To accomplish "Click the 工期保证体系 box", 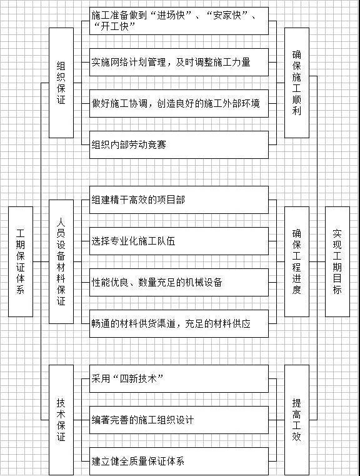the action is tap(21, 261).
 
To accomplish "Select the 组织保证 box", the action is tap(61, 83).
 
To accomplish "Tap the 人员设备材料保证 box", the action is tap(61, 261).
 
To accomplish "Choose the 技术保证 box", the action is tap(61, 420).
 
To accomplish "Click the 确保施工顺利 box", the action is tap(297, 83).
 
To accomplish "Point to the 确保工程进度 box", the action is tap(297, 261).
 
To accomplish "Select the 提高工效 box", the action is tap(297, 420).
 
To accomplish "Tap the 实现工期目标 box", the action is tap(337, 261).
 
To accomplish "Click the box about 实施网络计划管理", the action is tap(179, 62).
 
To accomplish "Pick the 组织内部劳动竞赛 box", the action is tap(179, 145).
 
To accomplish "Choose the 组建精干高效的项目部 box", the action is tap(179, 200).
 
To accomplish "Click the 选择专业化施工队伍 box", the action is tap(179, 241).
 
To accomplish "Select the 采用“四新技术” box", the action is tap(179, 378).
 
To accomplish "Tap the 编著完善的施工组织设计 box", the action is tap(179, 420).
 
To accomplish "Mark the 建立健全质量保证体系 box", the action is tap(179, 461).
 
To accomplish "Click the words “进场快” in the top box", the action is tap(171, 15).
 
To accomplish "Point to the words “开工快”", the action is tap(114, 27).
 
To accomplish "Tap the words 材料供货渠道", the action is tap(147, 323).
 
